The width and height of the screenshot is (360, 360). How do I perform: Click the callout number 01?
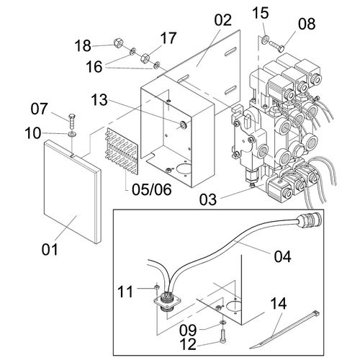click(x=50, y=249)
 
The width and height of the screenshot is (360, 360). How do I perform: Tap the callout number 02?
click(x=222, y=19)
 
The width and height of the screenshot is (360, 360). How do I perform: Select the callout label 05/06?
click(x=152, y=189)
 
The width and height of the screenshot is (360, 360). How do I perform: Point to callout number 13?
click(x=99, y=100)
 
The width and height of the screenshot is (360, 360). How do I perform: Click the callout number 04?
click(x=283, y=256)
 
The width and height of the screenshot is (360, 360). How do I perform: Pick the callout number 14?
click(x=279, y=303)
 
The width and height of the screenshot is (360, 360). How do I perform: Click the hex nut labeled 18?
click(x=118, y=43)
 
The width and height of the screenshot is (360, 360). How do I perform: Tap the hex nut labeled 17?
click(x=145, y=58)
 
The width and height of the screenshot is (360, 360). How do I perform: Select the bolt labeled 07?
click(x=71, y=122)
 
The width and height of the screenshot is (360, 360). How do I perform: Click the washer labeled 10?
click(x=72, y=134)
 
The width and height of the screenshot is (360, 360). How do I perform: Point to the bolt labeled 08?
click(x=276, y=46)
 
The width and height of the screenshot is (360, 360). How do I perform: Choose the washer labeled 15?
click(x=265, y=40)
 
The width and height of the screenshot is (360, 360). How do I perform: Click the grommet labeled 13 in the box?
click(x=184, y=125)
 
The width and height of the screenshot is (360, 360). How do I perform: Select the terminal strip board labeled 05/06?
click(x=122, y=150)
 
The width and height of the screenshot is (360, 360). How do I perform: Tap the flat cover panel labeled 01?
click(x=72, y=192)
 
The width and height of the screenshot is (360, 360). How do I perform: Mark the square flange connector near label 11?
click(x=168, y=302)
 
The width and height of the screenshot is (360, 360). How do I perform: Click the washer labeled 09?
click(x=222, y=322)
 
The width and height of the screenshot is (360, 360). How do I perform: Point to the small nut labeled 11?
click(x=156, y=287)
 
